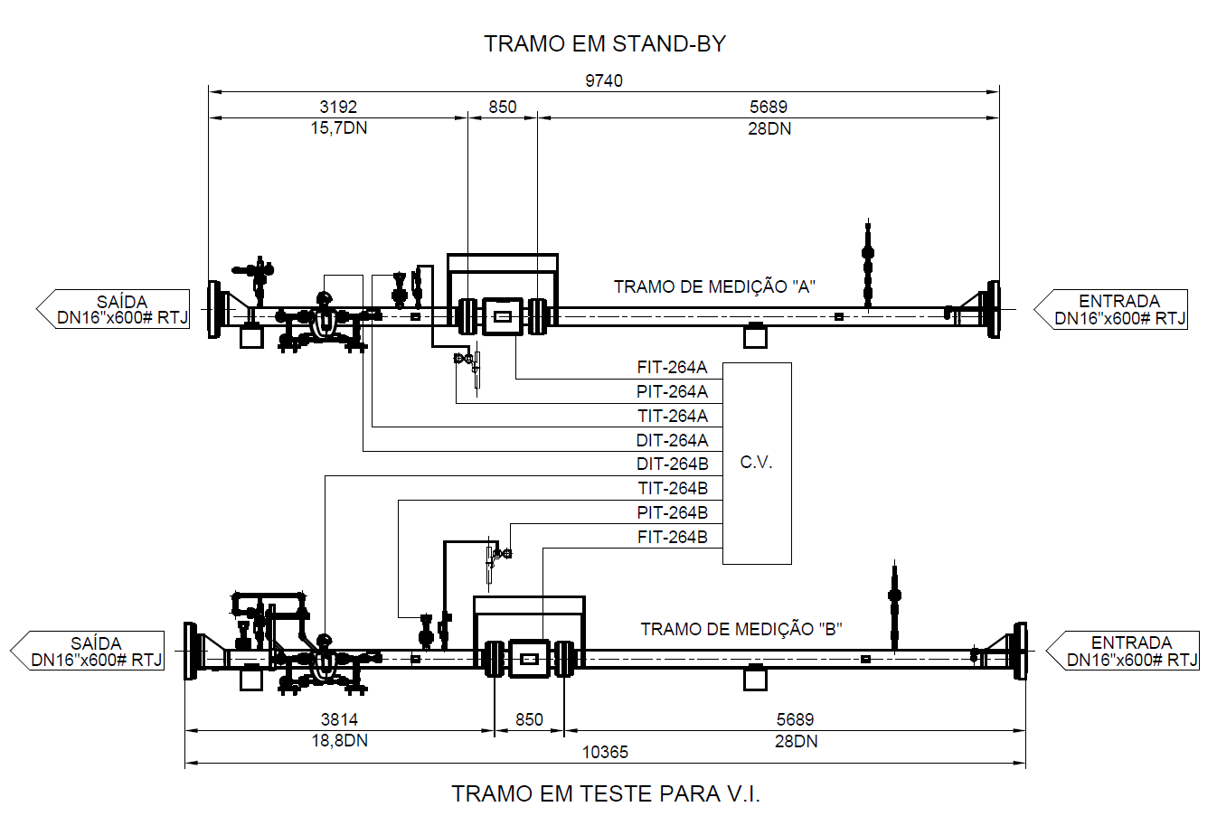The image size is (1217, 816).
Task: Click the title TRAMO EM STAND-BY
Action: pyautogui.click(x=605, y=44)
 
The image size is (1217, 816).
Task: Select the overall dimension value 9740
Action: pyautogui.click(x=604, y=81)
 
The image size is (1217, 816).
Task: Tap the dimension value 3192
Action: pyautogui.click(x=338, y=107)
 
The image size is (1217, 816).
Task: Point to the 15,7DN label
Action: pyautogui.click(x=339, y=128)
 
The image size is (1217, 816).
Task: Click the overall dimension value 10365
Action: pyautogui.click(x=605, y=753)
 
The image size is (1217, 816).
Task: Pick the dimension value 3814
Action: pyautogui.click(x=339, y=720)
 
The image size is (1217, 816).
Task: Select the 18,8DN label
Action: pyautogui.click(x=340, y=740)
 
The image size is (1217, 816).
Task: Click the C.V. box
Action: pyautogui.click(x=757, y=464)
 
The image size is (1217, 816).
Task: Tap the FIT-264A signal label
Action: pyautogui.click(x=672, y=368)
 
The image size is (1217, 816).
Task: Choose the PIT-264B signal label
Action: pyautogui.click(x=672, y=512)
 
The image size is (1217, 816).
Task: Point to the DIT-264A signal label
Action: pyautogui.click(x=672, y=440)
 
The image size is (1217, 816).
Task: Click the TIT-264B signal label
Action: pyautogui.click(x=673, y=489)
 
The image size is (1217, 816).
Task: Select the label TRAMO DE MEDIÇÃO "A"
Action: pyautogui.click(x=714, y=286)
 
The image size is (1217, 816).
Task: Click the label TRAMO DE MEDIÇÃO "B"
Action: pyautogui.click(x=741, y=629)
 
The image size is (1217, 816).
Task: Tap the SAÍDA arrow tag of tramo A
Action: pyautogui.click(x=113, y=309)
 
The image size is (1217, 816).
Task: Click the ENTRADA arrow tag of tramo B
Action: pyautogui.click(x=1122, y=651)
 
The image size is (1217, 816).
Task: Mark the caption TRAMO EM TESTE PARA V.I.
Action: pyautogui.click(x=606, y=793)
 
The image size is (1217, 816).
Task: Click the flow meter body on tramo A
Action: pyautogui.click(x=503, y=316)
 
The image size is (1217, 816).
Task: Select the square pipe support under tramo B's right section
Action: pyautogui.click(x=755, y=678)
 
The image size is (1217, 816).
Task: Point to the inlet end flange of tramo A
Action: pyautogui.click(x=993, y=309)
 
